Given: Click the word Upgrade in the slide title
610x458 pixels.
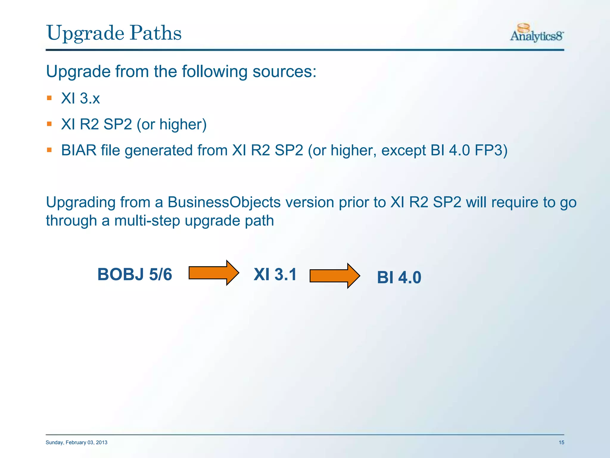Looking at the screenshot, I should tap(85, 33).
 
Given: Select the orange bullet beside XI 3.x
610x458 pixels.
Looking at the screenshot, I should tap(49, 98).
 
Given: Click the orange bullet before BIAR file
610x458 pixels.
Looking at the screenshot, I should tap(49, 150).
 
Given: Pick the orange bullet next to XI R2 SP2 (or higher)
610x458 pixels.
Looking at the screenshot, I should tap(49, 124).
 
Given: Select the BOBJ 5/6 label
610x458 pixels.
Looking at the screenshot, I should tap(135, 274).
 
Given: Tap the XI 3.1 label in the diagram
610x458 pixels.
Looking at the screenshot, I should tap(275, 274).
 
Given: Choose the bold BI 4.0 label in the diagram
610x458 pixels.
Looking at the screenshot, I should tap(399, 277).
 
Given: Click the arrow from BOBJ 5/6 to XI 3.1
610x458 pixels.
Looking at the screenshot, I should tap(213, 273).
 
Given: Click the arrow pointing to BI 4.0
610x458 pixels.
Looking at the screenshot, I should tap(334, 276).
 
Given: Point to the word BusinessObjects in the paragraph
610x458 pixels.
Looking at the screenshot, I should tap(224, 202).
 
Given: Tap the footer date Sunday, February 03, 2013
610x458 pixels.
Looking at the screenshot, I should tap(77, 442).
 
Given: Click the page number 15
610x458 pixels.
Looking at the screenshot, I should tap(561, 442).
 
